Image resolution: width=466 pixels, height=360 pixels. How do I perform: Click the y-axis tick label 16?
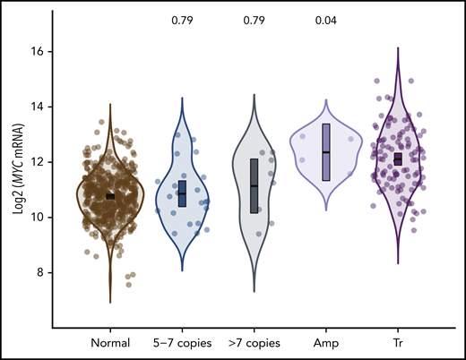40,52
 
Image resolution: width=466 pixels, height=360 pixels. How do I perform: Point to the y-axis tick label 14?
40,107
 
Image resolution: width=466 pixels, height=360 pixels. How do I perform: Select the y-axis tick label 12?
40,162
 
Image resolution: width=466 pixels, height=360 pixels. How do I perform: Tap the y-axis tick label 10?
40,218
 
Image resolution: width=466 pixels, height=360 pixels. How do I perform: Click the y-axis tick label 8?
43,272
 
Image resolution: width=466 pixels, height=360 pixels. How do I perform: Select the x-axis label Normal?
110,343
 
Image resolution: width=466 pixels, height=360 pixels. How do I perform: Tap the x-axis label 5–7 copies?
182,343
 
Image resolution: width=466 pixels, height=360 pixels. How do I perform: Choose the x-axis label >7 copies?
254,343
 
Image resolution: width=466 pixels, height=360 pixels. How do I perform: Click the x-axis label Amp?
325,343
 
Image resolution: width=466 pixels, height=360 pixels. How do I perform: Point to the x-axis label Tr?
397,343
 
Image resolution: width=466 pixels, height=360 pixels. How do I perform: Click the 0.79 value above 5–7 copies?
182,20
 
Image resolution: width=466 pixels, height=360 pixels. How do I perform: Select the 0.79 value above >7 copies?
254,20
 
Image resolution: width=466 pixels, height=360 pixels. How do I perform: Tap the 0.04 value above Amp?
325,20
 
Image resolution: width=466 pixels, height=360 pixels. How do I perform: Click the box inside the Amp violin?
325,152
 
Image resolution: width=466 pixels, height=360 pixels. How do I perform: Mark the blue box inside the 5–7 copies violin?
182,193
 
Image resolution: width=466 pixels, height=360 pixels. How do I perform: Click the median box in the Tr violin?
397,159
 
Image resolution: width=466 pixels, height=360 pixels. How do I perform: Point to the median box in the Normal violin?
110,196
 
